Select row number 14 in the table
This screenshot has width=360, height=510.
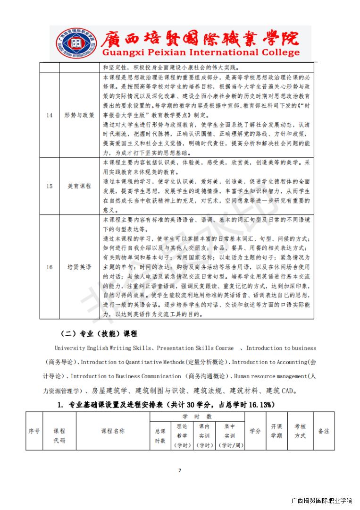pos(49,115)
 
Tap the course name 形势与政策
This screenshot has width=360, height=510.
pos(79,115)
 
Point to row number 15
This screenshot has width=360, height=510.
pos(49,186)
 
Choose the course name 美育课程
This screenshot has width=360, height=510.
pos(79,186)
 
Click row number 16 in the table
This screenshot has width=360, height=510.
pos(49,267)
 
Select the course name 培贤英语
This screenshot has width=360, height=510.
pos(79,267)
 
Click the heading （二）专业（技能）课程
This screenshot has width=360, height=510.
pos(99,334)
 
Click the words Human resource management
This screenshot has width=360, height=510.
pos(272,376)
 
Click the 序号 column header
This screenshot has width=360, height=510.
pos(34,431)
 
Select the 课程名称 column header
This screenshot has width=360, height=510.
pos(113,431)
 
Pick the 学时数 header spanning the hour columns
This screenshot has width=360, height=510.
pos(197,416)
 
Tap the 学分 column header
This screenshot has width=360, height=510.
pos(255,431)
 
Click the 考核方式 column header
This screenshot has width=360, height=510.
pos(300,431)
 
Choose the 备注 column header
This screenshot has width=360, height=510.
pos(324,431)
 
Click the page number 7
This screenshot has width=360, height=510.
pos(180,470)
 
